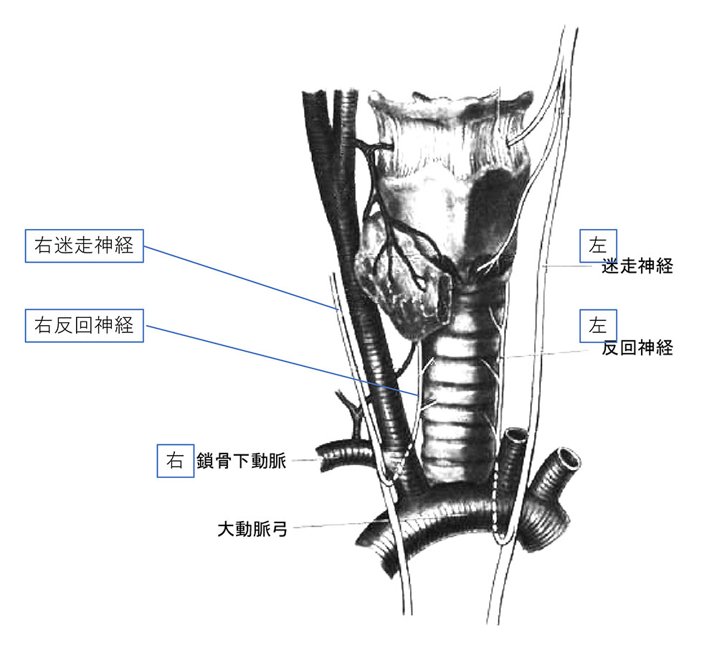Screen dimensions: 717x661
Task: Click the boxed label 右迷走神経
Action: [x=84, y=246]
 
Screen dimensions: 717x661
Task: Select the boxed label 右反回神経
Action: [x=84, y=325]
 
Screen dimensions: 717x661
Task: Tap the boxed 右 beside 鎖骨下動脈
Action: [x=175, y=461]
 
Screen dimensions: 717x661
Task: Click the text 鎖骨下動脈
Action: [x=242, y=461]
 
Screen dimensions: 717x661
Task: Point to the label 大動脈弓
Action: [x=252, y=529]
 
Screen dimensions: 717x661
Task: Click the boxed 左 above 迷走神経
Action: [x=598, y=246]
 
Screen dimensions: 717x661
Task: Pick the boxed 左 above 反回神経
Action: [x=598, y=326]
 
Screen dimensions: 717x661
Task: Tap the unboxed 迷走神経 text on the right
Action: [x=637, y=266]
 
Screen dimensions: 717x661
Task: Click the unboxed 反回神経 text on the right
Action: [x=637, y=348]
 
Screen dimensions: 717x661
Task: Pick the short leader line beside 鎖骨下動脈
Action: [x=305, y=460]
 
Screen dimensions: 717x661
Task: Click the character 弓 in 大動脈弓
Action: [x=279, y=529]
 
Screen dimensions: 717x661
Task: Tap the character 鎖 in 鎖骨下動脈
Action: [x=205, y=461]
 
